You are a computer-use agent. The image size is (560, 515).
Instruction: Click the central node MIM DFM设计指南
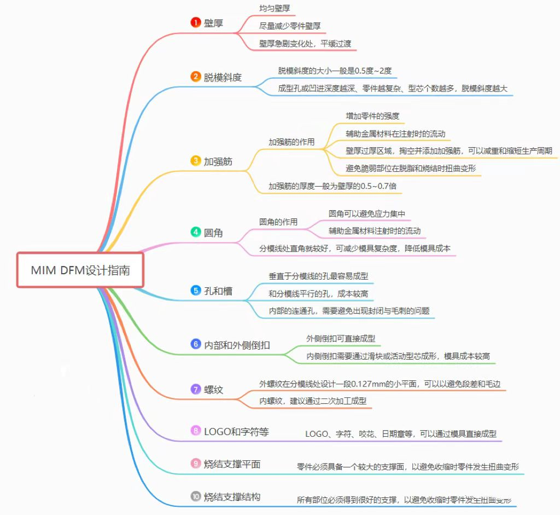80,270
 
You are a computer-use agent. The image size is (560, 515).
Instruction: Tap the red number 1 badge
195,22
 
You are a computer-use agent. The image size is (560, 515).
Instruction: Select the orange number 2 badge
195,77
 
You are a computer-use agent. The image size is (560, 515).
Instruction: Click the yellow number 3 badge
195,160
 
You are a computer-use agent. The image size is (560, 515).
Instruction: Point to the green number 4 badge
195,232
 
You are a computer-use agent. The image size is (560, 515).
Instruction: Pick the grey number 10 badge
195,496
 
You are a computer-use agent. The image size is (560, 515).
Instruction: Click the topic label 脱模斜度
223,77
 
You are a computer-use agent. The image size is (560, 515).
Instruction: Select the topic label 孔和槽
218,291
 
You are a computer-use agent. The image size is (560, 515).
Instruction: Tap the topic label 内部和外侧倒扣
237,344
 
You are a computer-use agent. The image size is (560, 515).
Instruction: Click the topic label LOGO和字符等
236,431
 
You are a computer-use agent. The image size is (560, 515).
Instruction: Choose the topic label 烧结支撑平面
232,464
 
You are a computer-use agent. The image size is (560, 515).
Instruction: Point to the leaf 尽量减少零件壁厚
290,25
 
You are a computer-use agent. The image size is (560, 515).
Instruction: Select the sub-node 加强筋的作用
291,142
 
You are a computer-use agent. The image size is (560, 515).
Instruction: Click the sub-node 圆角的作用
278,222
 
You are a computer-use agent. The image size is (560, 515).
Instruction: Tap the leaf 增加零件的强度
372,116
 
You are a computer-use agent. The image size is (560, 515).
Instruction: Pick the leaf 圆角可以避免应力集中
366,213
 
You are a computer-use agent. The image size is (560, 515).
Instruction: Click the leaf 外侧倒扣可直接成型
341,339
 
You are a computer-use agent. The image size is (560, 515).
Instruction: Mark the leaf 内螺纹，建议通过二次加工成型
313,401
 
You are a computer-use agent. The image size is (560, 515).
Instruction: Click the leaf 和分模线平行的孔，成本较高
318,294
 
